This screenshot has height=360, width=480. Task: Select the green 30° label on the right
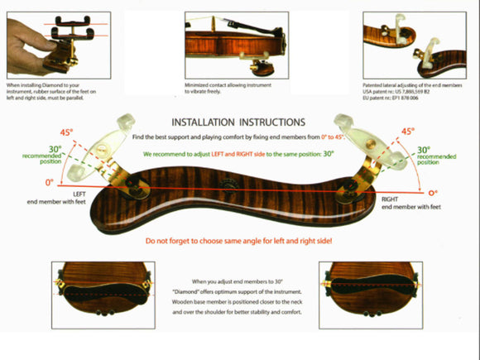(423, 149)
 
